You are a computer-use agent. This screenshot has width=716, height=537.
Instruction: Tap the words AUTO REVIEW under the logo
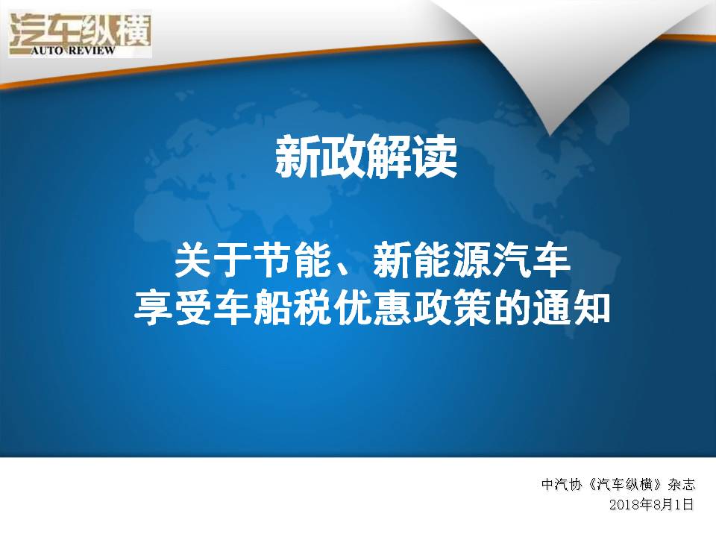[x=73, y=50]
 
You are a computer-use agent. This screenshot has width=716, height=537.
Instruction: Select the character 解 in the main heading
[x=389, y=157]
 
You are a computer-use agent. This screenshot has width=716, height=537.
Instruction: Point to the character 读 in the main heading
[x=434, y=157]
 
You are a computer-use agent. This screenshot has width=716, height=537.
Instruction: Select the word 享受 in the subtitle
[x=174, y=308]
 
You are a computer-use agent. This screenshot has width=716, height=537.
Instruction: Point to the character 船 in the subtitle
[x=273, y=308]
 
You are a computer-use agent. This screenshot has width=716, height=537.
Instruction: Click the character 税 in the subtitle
[x=313, y=308]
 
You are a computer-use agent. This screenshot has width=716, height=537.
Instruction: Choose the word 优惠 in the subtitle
[x=372, y=308]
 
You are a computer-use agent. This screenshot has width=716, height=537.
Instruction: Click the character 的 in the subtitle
[x=511, y=308]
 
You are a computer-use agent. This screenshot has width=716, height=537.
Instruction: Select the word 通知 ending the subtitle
[x=571, y=308]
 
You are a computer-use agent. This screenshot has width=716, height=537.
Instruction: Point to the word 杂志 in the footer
[x=681, y=484]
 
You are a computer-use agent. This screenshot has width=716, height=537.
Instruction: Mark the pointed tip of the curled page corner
[x=550, y=136]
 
